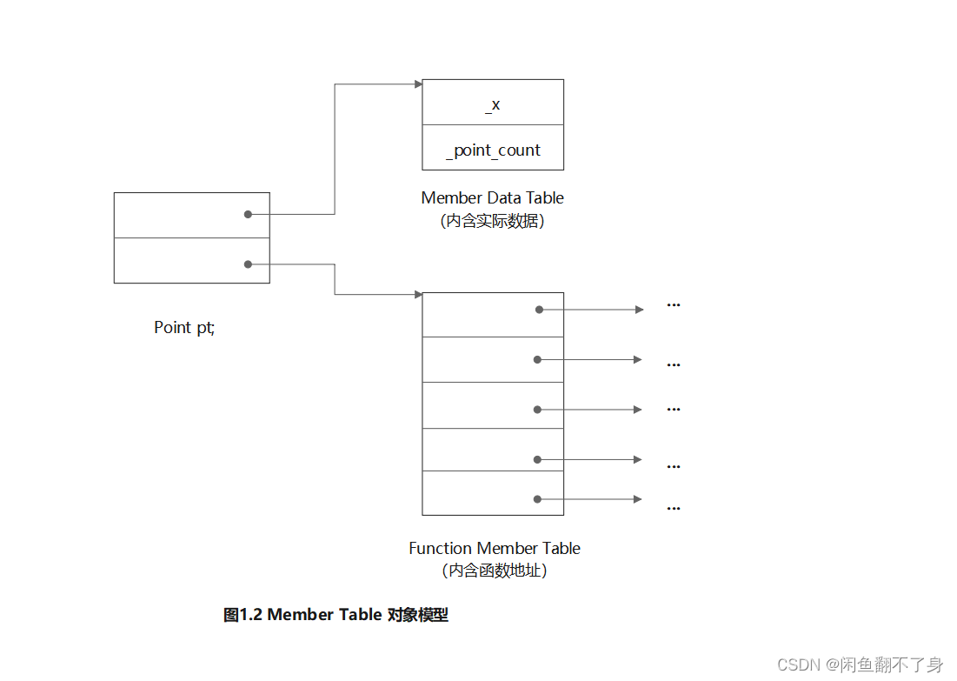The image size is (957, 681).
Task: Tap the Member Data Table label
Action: tap(492, 198)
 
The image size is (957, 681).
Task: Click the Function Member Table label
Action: tap(494, 549)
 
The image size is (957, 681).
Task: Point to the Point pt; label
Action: tap(184, 328)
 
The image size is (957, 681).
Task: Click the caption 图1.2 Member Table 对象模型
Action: tap(336, 615)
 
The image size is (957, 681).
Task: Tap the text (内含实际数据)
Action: tap(492, 221)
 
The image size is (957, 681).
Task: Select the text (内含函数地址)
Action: tap(494, 571)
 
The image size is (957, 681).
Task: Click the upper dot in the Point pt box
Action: tap(248, 214)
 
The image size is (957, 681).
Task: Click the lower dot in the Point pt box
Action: tap(248, 264)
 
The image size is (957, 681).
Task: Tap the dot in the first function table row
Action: tap(539, 310)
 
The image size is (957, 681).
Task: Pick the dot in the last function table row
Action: tap(537, 499)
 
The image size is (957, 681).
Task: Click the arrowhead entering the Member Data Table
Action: tap(418, 84)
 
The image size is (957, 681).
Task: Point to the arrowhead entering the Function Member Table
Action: tap(418, 295)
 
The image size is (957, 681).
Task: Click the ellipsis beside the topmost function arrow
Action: tap(673, 305)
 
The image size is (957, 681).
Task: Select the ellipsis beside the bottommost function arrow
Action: tap(673, 508)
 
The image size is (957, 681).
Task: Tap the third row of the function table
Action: tap(492, 405)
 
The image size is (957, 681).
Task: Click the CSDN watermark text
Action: tap(860, 664)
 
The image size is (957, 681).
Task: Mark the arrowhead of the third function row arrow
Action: tap(638, 410)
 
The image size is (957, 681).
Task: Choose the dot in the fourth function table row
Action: tap(537, 459)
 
